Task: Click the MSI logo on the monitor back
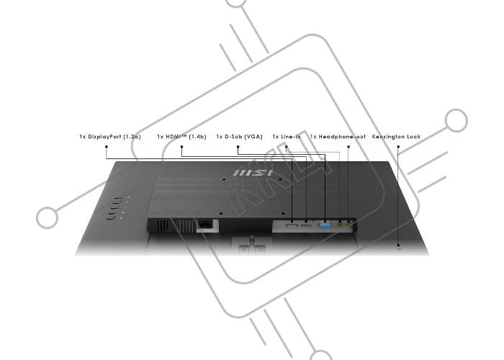pos(253,174)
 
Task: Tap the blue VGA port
pos(325,225)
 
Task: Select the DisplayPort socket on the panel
pos(292,226)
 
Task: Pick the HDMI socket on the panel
pos(306,226)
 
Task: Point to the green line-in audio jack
pos(340,225)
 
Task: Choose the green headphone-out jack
pos(348,225)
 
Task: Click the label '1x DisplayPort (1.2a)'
pos(110,137)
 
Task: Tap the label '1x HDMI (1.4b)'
pos(181,137)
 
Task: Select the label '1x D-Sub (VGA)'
pos(239,137)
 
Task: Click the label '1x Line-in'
pos(287,137)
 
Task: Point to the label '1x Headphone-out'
pos(338,137)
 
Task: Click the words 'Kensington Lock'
pos(396,137)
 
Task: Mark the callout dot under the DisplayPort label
pos(107,147)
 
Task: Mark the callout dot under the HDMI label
pos(181,147)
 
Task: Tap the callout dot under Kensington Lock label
pos(398,147)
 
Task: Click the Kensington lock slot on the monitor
pos(399,248)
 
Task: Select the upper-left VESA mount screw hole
pos(224,176)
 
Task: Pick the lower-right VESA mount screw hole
pos(283,213)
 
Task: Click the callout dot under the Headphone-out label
pos(348,147)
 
